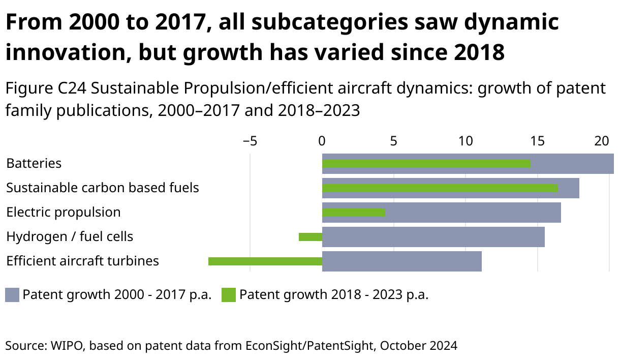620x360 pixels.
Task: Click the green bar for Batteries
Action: point(426,164)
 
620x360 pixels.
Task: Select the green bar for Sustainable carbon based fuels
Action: point(440,188)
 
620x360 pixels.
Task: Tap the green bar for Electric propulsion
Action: point(353,213)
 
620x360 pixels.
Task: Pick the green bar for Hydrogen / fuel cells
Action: point(311,237)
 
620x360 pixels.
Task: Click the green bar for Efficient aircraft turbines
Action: point(265,261)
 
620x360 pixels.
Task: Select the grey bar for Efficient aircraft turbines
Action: point(401,261)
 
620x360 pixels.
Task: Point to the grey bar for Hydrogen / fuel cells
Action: point(433,237)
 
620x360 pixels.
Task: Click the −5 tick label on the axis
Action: point(250,141)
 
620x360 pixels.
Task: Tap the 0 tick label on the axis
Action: point(322,141)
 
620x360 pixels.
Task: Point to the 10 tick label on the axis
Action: point(466,141)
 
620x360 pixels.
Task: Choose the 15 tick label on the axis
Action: point(538,141)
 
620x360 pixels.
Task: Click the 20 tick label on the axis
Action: point(602,141)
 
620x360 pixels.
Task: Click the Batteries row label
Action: point(34,163)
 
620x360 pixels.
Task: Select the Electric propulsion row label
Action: point(63,212)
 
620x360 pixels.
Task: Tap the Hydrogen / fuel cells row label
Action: point(70,236)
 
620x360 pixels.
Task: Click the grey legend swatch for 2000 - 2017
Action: point(12,295)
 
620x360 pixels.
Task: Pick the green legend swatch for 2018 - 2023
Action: point(229,295)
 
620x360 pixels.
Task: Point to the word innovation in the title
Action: point(60,52)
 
